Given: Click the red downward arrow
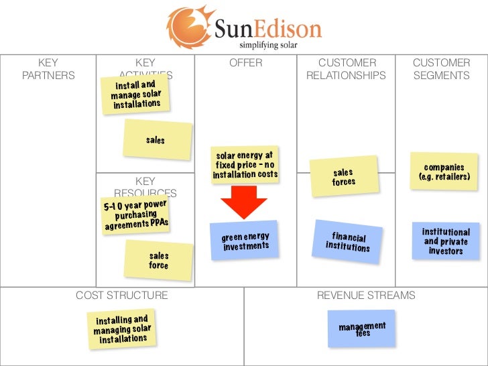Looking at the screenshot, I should pyautogui.click(x=244, y=200).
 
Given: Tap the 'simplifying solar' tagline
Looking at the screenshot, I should pyautogui.click(x=268, y=46).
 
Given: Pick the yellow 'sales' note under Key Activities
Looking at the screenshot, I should pyautogui.click(x=156, y=140).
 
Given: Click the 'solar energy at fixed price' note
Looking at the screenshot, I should pyautogui.click(x=245, y=164).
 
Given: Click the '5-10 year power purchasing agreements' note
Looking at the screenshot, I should pyautogui.click(x=135, y=215).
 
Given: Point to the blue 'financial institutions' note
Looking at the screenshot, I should pyautogui.click(x=348, y=241).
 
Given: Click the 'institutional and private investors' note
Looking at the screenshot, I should pyautogui.click(x=446, y=241).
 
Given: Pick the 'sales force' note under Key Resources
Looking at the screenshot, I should pyautogui.click(x=159, y=260).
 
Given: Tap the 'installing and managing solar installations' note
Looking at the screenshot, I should pyautogui.click(x=121, y=329).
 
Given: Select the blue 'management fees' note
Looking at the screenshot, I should pyautogui.click(x=362, y=329).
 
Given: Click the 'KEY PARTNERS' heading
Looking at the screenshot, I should pyautogui.click(x=48, y=69).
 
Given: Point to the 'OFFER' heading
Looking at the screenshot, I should pyautogui.click(x=245, y=63).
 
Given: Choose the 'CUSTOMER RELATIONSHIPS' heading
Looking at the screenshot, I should pyautogui.click(x=346, y=69).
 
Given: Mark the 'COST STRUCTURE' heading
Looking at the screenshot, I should pyautogui.click(x=121, y=295).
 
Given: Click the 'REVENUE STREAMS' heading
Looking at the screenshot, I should pyautogui.click(x=366, y=295).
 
